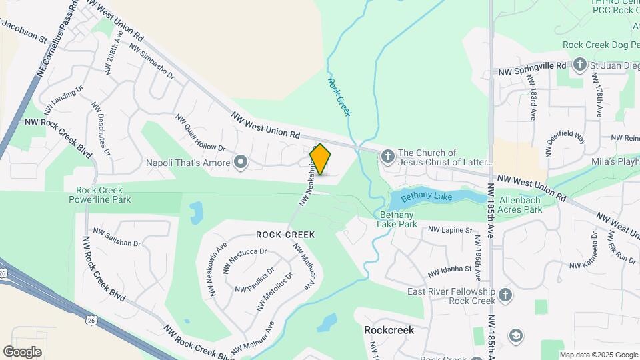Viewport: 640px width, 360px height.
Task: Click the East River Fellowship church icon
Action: tap(505, 294)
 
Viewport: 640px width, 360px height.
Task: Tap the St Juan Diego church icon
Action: tap(580, 65)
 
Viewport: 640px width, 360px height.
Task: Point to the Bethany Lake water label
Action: tap(427, 197)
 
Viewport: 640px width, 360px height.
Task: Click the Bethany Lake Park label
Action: tap(399, 219)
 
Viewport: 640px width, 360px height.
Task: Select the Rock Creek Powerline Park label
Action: tap(103, 194)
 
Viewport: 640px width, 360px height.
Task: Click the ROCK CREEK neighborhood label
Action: tap(285, 235)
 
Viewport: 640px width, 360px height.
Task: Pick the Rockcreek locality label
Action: tap(389, 330)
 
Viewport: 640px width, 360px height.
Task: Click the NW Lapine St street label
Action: tap(450, 229)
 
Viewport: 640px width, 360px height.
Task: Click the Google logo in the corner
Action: tap(22, 352)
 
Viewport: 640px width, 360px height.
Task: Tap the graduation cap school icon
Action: tap(515, 335)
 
